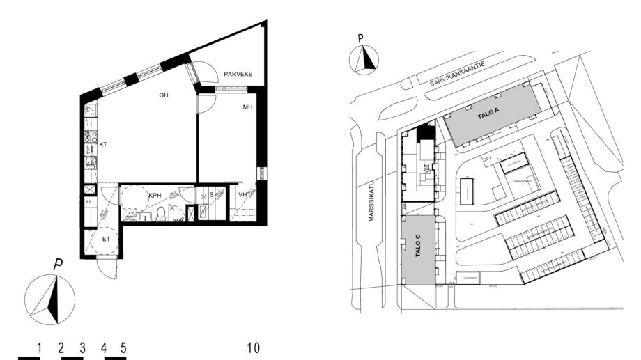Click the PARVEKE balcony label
(238, 74)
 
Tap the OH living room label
(164, 95)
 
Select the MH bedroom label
(247, 108)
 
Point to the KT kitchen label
(102, 145)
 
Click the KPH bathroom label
(154, 196)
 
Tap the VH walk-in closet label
(242, 196)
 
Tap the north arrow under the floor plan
(50, 299)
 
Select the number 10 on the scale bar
(254, 347)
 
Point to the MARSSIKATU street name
(371, 203)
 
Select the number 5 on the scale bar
(123, 347)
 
